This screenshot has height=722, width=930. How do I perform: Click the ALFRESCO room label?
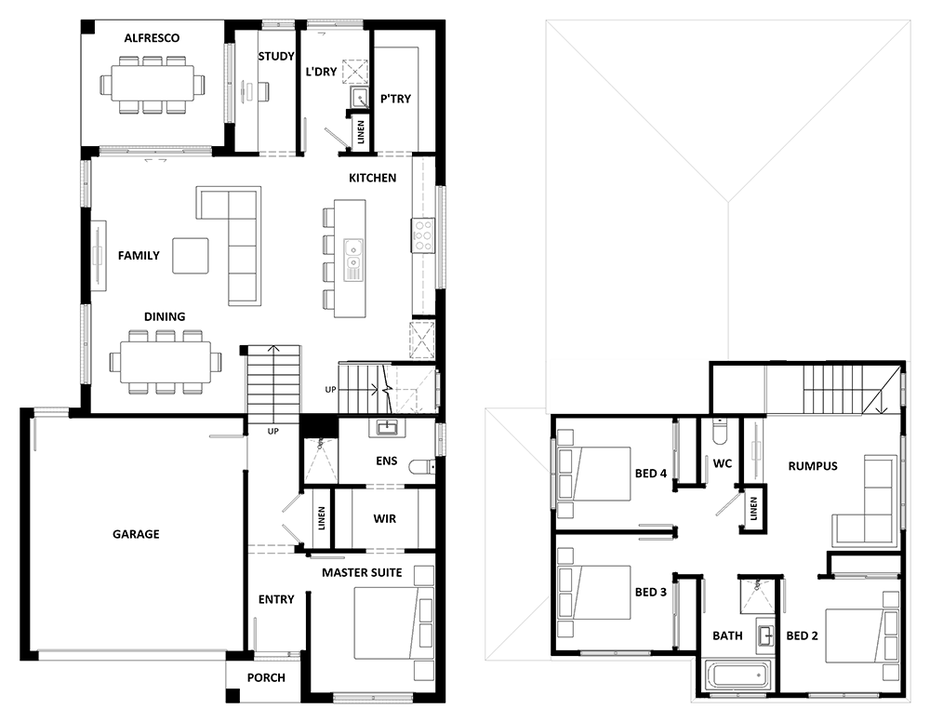pyautogui.click(x=152, y=38)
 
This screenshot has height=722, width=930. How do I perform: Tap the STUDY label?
pyautogui.click(x=276, y=57)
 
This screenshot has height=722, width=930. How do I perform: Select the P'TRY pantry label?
pyautogui.click(x=395, y=99)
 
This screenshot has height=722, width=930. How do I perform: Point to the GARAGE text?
pyautogui.click(x=136, y=534)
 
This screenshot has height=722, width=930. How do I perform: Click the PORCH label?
pyautogui.click(x=266, y=677)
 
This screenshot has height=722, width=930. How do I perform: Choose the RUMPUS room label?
pyautogui.click(x=813, y=466)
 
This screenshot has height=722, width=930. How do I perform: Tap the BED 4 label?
pyautogui.click(x=651, y=474)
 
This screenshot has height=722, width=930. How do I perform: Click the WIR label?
pyautogui.click(x=384, y=519)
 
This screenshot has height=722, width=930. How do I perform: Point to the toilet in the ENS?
pyautogui.click(x=421, y=467)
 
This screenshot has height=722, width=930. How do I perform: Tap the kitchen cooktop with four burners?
pyautogui.click(x=423, y=235)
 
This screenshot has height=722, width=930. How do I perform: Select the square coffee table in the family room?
pyautogui.click(x=191, y=256)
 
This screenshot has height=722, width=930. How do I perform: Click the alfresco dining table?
pyautogui.click(x=153, y=85)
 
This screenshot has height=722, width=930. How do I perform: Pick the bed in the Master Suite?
pyautogui.click(x=393, y=623)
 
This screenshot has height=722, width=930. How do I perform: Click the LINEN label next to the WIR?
pyautogui.click(x=322, y=518)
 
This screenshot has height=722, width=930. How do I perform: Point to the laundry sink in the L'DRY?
pyautogui.click(x=358, y=98)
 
